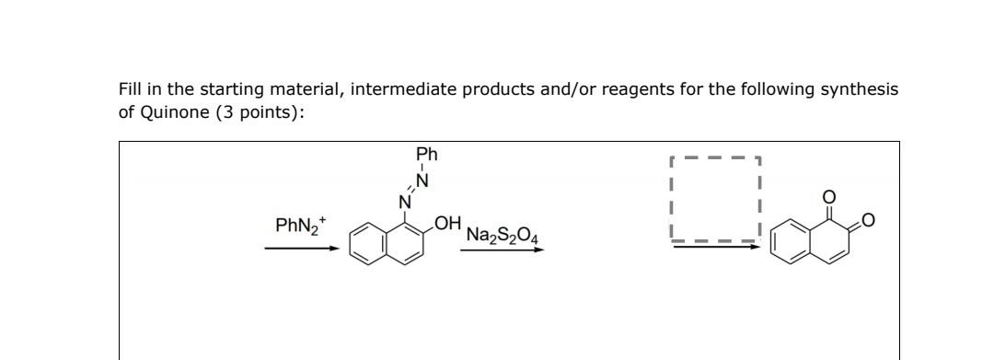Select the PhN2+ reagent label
[300, 224]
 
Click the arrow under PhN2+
[301, 248]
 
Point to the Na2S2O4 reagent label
[503, 235]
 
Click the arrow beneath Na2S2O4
[503, 250]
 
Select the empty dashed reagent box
[716, 197]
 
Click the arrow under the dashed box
[716, 247]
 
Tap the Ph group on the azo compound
[426, 154]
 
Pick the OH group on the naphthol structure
[447, 223]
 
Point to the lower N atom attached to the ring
[403, 202]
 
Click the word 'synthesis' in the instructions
[861, 89]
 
